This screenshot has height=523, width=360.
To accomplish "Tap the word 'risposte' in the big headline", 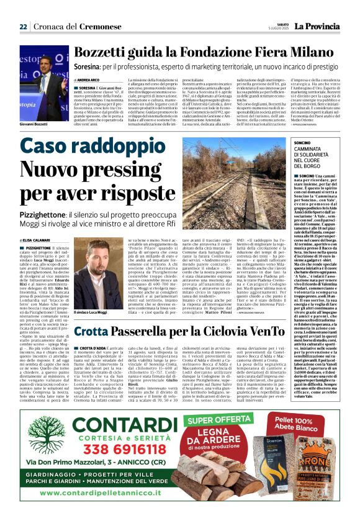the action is [127, 198].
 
